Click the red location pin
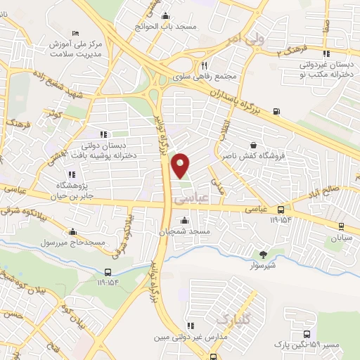pyautogui.click(x=181, y=165)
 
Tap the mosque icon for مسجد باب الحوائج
pyautogui.click(x=165, y=17)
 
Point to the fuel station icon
pyautogui.click(x=276, y=110)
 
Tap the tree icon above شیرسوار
pyautogui.click(x=263, y=255)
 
